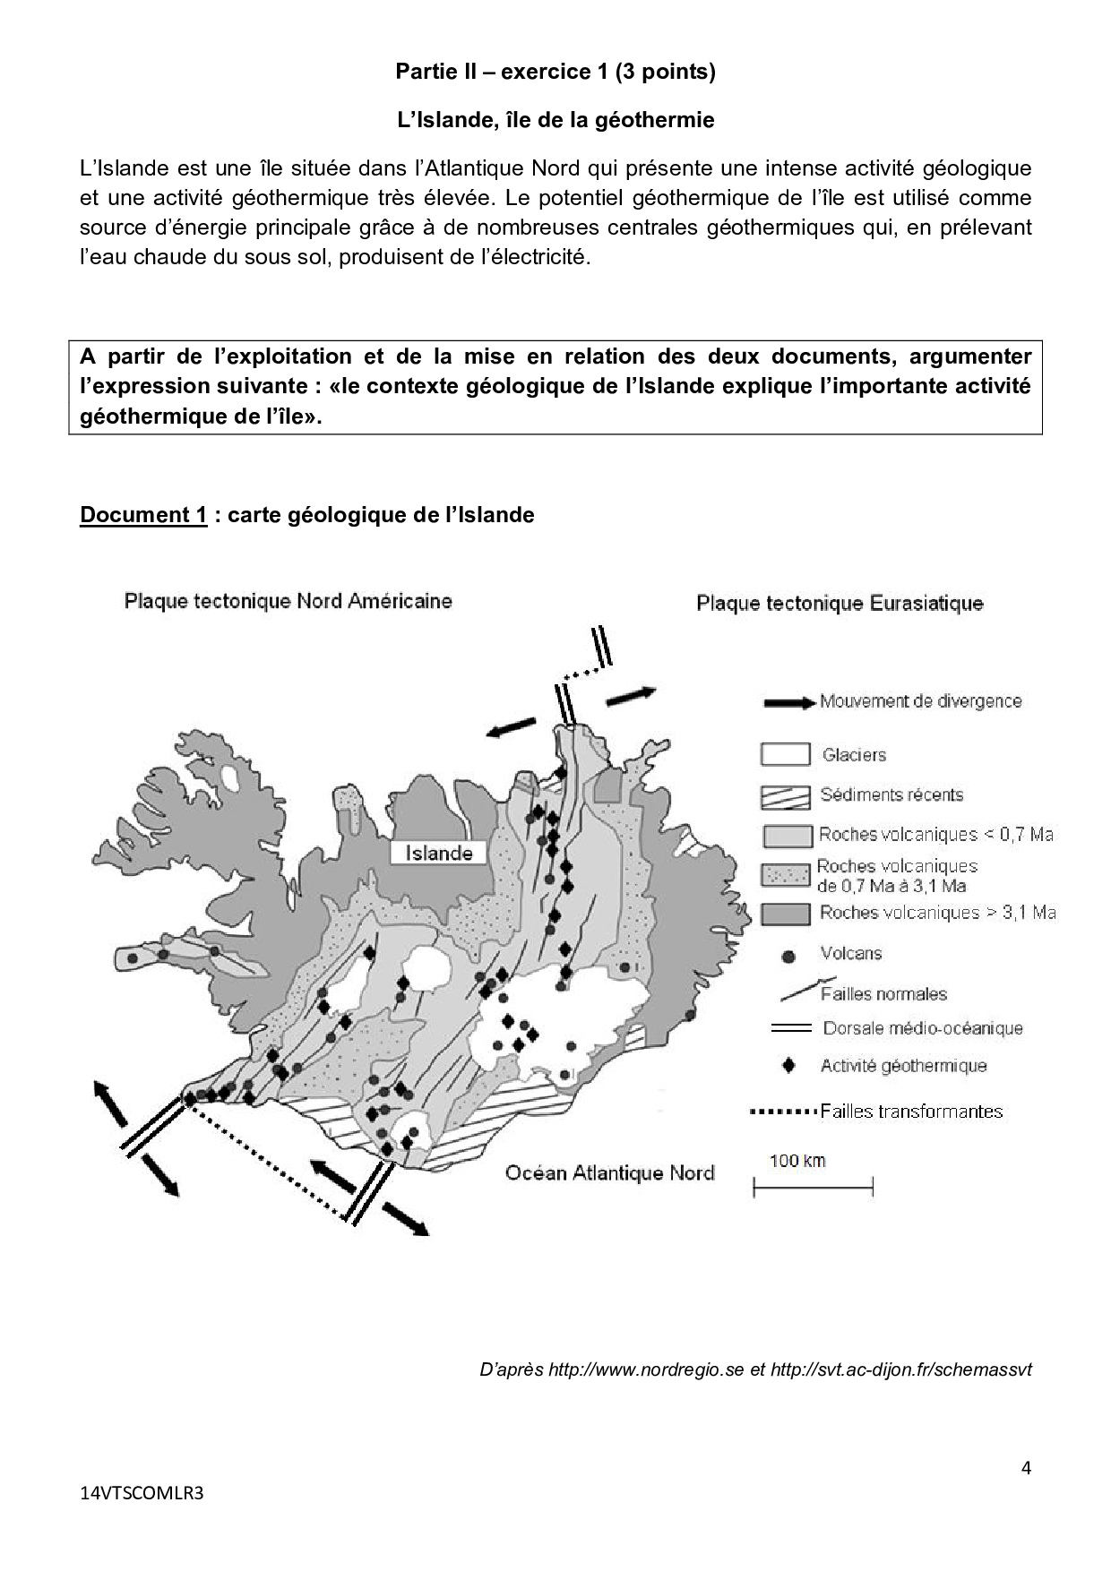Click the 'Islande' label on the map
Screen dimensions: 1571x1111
click(x=438, y=853)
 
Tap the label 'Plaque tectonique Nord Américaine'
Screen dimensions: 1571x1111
click(x=288, y=601)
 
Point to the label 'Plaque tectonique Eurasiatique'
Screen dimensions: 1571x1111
click(x=840, y=604)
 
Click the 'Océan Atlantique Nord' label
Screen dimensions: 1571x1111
click(x=609, y=1172)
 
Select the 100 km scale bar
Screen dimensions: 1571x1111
click(x=812, y=1189)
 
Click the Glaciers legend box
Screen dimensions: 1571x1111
click(x=785, y=755)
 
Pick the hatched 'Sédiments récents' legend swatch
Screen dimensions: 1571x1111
click(x=785, y=795)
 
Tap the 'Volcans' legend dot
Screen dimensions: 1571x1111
click(x=788, y=957)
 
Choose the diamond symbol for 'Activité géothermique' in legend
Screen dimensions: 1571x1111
click(x=788, y=1066)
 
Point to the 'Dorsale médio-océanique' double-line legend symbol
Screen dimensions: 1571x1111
click(x=789, y=1028)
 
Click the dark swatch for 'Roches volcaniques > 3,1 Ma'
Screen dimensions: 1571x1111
click(x=786, y=914)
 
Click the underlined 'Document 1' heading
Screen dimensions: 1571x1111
click(x=143, y=515)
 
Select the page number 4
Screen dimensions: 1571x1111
click(x=1026, y=1468)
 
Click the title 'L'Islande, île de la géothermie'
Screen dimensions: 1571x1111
click(x=555, y=120)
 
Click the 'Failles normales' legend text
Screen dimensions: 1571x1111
click(x=883, y=994)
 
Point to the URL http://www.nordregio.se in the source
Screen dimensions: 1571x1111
click(x=645, y=1370)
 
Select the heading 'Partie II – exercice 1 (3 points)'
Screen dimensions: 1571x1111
click(x=555, y=73)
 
